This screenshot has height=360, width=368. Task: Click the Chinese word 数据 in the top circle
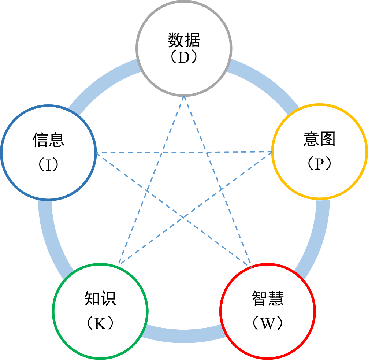coord(184,40)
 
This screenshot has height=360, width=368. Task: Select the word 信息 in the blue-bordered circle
coord(49,140)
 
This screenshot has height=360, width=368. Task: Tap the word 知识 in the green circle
coord(100,298)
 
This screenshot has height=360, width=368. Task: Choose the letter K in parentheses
coord(100,323)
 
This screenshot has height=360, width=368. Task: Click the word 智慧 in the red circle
coord(268,298)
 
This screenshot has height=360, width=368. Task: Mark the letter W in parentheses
coord(268,323)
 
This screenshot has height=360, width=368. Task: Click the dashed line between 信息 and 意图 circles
coord(183,152)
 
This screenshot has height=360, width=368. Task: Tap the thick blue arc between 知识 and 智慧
coord(183,335)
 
